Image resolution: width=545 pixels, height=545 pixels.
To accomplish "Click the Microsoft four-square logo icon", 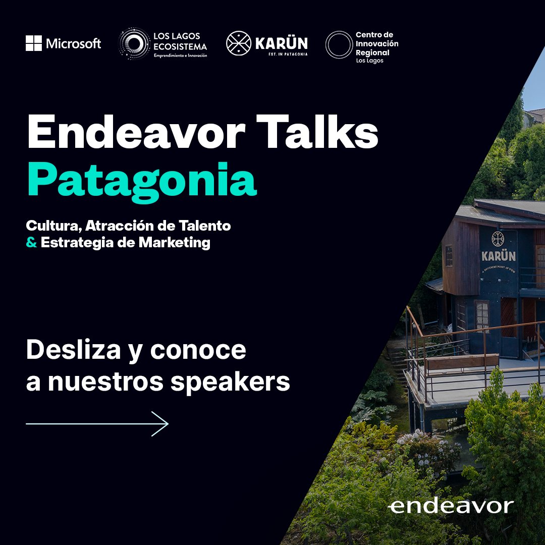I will tap(34, 43).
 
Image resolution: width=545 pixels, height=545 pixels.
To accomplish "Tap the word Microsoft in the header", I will tap(74, 44).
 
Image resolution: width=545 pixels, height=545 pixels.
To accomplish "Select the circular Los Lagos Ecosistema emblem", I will tap(133, 44).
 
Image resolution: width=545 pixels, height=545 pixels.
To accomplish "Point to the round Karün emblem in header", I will tap(239, 44).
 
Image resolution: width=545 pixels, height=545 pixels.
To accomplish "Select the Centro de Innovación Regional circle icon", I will tap(338, 44).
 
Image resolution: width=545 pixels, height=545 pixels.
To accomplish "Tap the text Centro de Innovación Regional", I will tap(376, 44).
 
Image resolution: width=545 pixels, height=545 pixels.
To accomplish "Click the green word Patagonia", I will tap(142, 181).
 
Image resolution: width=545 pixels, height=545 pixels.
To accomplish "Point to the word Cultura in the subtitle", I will tap(53, 226).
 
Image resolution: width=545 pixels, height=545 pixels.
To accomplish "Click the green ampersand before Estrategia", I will tap(31, 243).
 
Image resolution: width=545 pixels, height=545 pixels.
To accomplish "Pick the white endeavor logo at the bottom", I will tap(451, 506).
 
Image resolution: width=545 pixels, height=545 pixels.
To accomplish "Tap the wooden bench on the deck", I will tap(462, 361).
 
